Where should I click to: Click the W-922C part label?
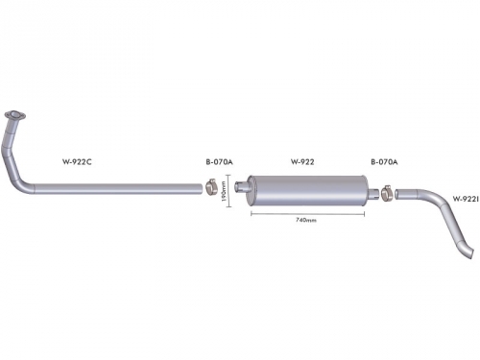click(x=77, y=162)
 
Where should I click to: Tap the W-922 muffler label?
click(x=302, y=162)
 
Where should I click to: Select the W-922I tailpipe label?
click(x=466, y=199)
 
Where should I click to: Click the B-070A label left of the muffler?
click(x=219, y=162)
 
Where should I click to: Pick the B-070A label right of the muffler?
click(x=384, y=162)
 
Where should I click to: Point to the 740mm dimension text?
click(x=306, y=220)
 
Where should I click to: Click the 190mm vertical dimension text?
click(x=224, y=191)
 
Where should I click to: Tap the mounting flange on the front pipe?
click(x=14, y=115)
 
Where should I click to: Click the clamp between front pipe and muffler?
click(x=211, y=187)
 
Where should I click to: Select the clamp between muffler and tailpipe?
click(x=387, y=193)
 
